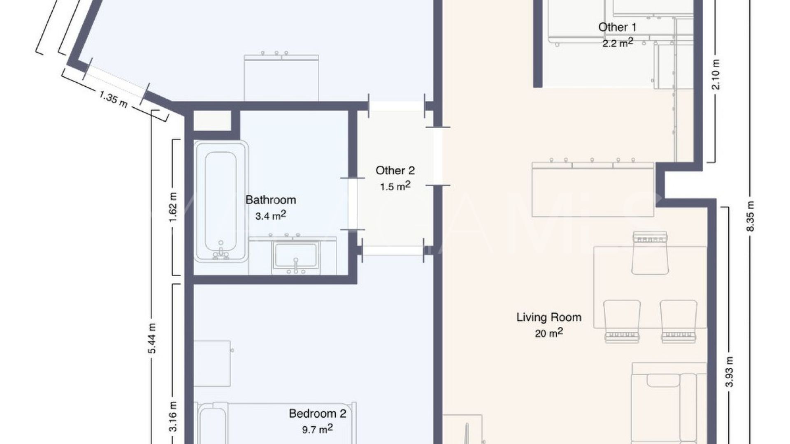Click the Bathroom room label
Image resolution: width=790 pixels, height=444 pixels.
pyautogui.click(x=270, y=200)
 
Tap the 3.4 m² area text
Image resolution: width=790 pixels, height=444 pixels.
pyautogui.click(x=270, y=215)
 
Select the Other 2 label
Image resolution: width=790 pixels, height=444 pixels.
pyautogui.click(x=395, y=171)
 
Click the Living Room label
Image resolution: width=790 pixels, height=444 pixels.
pyautogui.click(x=549, y=317)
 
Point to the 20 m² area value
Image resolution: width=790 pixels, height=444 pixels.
pyautogui.click(x=549, y=333)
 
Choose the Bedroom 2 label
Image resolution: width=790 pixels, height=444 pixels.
pyautogui.click(x=317, y=414)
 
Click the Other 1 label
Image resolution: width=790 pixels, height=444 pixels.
pyautogui.click(x=617, y=28)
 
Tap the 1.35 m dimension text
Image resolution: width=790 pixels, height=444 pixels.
pyautogui.click(x=113, y=99)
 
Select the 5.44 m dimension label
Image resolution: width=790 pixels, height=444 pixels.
pyautogui.click(x=152, y=338)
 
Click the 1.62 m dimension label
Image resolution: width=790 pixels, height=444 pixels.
pyautogui.click(x=173, y=207)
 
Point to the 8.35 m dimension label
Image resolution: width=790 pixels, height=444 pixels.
pyautogui.click(x=750, y=216)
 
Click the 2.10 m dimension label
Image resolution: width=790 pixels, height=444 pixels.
pyautogui.click(x=716, y=74)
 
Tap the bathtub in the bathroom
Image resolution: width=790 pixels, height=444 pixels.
pyautogui.click(x=221, y=201)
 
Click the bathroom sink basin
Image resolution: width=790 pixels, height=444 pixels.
pyautogui.click(x=296, y=255)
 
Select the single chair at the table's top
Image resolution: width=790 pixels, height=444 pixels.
pyautogui.click(x=650, y=254)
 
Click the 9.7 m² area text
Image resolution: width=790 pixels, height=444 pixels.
pyautogui.click(x=317, y=429)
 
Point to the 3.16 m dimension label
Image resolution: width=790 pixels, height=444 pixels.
pyautogui.click(x=173, y=416)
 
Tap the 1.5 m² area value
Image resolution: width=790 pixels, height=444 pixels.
pyautogui.click(x=395, y=186)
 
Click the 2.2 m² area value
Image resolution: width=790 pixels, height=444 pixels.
pyautogui.click(x=617, y=42)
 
